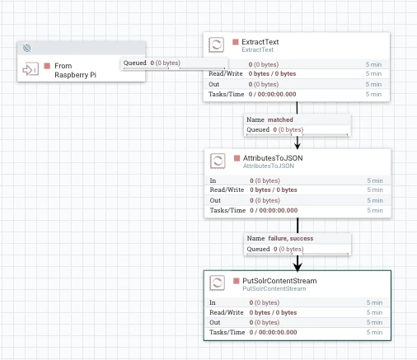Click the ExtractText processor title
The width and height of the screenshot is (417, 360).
[260, 42]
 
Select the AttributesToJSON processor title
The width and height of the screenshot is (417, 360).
[273, 158]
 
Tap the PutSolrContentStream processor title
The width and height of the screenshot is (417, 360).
[279, 281]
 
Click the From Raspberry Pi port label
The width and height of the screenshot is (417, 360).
[75, 70]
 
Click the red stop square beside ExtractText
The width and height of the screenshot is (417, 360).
[236, 42]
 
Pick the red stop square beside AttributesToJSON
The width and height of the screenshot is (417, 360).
[237, 158]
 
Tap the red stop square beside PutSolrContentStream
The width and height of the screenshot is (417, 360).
[237, 281]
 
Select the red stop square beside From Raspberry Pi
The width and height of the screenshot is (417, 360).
[47, 66]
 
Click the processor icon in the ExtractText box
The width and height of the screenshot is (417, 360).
[216, 44]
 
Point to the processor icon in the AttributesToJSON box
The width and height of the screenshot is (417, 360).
[218, 161]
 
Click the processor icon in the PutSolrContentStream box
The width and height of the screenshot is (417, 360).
[217, 283]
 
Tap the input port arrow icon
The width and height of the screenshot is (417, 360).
[30, 69]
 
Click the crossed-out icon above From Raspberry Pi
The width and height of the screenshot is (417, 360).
[26, 49]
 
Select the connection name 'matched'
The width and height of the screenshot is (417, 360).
[280, 119]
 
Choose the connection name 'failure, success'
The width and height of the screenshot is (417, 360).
[291, 238]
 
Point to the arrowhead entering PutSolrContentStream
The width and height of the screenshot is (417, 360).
[298, 266]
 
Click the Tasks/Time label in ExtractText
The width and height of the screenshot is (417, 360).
[227, 94]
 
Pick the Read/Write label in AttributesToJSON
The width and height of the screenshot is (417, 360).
[227, 189]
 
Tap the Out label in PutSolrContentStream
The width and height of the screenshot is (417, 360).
[215, 322]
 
